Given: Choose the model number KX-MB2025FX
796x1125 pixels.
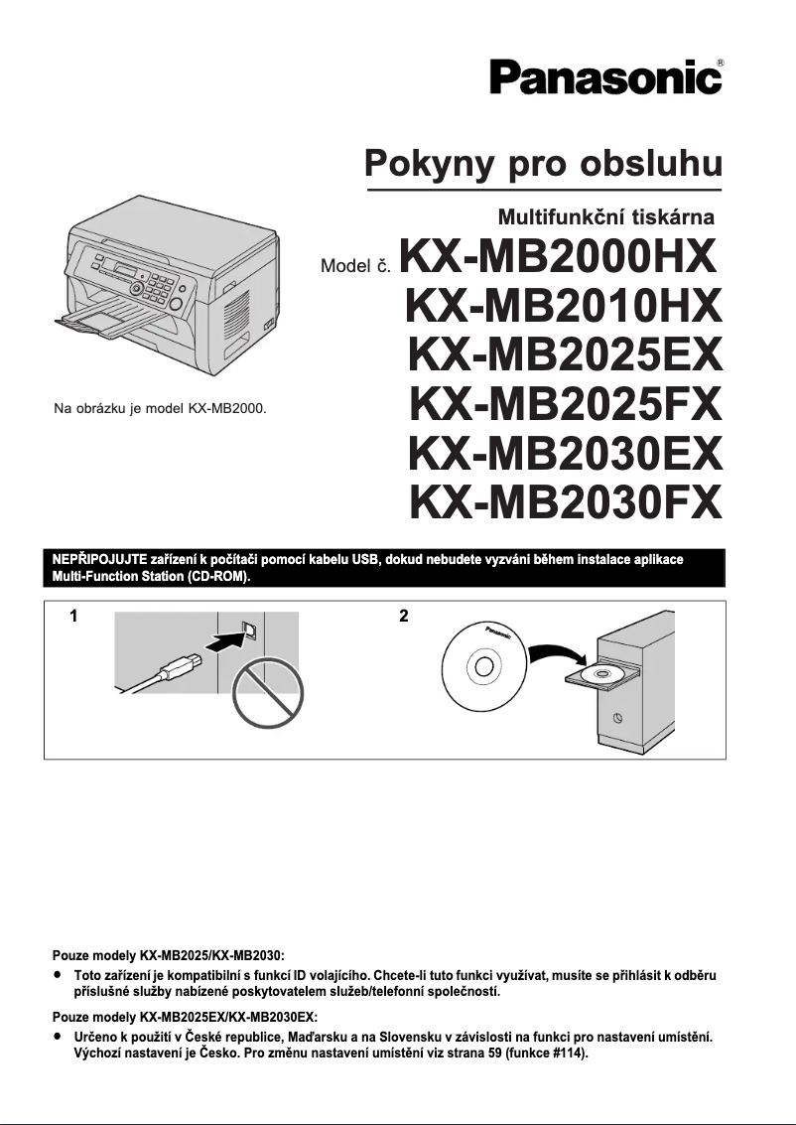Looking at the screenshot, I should point(564,404).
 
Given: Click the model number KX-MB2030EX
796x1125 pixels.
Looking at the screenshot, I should point(564,453).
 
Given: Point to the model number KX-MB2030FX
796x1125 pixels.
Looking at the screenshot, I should point(564,501).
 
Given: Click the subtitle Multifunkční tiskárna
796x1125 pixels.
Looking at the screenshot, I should point(605,215).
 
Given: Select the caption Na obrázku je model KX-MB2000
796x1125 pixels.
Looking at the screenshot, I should point(160,408).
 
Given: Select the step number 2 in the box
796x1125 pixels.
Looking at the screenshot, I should point(403,617).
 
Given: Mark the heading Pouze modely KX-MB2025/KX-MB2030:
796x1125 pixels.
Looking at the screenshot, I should point(169,955).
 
